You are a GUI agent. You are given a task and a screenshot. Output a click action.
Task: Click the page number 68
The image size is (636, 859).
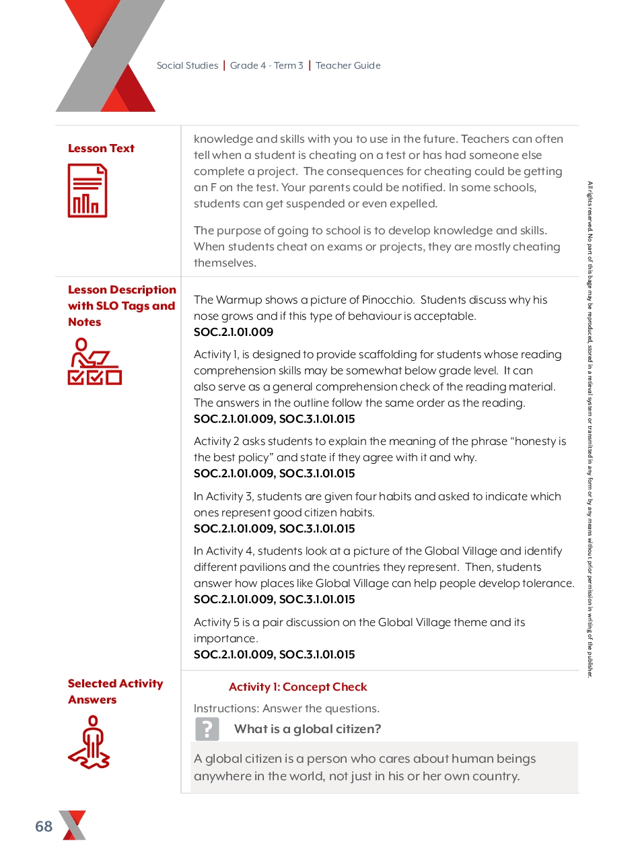[44, 826]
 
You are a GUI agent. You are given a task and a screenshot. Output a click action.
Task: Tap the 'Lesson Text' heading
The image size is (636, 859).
[101, 148]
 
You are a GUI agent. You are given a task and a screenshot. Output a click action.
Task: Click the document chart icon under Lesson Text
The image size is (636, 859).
[87, 191]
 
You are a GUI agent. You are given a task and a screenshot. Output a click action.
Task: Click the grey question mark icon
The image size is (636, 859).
[207, 729]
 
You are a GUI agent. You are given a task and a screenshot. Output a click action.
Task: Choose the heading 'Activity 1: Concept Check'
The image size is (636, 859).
[297, 687]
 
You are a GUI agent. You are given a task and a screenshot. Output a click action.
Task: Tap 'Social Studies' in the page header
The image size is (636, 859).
[187, 65]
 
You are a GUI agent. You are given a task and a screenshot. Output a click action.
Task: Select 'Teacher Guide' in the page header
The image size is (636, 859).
[348, 65]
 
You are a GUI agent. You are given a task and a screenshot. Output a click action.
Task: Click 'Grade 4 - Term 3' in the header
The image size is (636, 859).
[267, 65]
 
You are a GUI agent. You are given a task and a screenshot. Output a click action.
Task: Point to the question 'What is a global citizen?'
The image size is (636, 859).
[308, 729]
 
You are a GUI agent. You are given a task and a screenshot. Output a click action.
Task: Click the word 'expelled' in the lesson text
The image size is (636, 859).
[415, 203]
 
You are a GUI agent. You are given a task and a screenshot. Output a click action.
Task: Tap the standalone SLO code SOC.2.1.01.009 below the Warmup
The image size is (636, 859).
[234, 332]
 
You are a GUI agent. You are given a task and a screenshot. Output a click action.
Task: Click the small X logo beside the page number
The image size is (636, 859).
[73, 825]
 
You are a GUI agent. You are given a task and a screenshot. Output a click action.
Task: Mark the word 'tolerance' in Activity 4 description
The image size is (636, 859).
[547, 583]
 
